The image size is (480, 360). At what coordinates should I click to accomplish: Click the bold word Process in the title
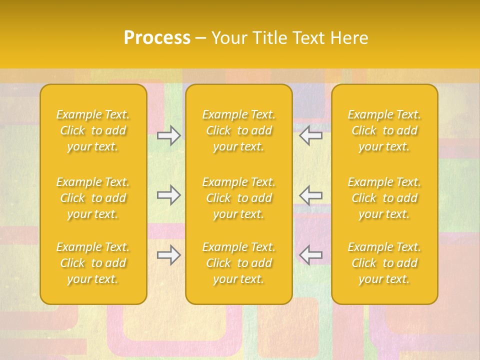(157, 38)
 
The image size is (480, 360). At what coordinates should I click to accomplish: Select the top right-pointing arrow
(168, 135)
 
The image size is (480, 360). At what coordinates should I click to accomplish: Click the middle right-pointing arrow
(168, 195)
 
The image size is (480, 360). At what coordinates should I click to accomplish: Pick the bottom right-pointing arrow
(168, 255)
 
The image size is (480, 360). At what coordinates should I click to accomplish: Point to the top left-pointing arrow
(310, 135)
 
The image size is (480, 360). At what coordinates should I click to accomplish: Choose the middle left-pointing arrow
(310, 195)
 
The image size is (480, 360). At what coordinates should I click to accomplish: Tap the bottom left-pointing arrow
(310, 255)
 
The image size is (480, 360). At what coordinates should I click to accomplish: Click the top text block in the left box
(93, 130)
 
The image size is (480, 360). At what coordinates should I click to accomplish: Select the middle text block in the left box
(93, 198)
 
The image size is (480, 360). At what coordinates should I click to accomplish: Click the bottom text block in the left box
(93, 263)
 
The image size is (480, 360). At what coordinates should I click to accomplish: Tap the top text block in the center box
(239, 130)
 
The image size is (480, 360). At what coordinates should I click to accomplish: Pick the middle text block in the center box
(239, 198)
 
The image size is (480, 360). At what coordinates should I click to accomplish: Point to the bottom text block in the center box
(239, 263)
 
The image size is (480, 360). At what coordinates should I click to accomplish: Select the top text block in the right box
(384, 130)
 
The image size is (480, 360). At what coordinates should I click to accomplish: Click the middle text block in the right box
(384, 198)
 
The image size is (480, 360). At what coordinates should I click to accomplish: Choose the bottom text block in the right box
(384, 263)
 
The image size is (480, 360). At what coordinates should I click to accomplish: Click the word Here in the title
(350, 38)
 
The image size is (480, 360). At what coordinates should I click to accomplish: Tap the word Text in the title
(309, 38)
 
